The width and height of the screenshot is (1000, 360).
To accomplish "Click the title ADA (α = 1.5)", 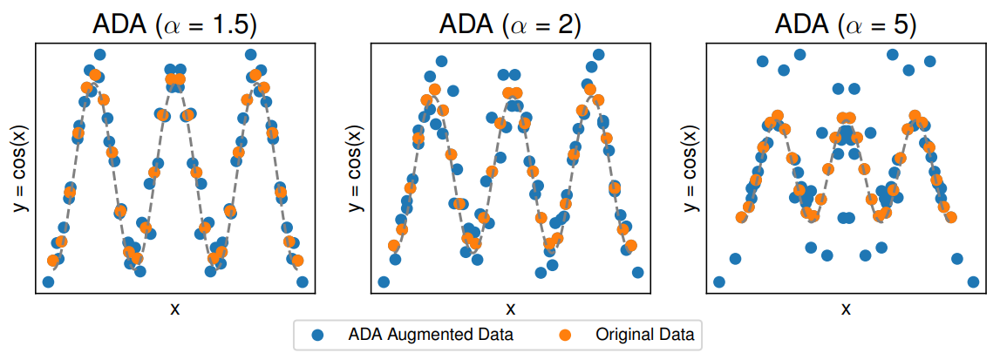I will click(x=174, y=24).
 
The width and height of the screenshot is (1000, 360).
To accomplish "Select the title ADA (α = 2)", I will click(x=510, y=24).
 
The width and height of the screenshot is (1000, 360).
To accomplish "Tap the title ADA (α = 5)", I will click(x=846, y=24).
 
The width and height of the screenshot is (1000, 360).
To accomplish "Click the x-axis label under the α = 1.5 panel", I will click(x=174, y=308).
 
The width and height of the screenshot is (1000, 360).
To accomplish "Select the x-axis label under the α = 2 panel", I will click(x=510, y=308).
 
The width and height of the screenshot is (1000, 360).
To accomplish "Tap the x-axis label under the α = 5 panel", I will click(x=846, y=308).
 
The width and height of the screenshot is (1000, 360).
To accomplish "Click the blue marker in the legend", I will click(x=318, y=334).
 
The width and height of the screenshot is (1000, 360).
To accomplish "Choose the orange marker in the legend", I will click(x=565, y=334).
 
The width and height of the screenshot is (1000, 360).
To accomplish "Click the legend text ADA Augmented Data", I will click(x=430, y=334).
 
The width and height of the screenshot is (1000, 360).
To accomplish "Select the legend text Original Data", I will click(x=645, y=334).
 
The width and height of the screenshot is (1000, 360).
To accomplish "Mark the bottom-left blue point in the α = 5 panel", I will click(x=719, y=282).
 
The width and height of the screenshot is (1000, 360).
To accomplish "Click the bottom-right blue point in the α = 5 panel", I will click(x=973, y=282).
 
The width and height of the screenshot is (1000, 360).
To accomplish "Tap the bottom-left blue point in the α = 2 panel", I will click(x=384, y=282).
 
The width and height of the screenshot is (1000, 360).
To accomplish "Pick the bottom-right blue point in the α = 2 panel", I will click(x=637, y=272).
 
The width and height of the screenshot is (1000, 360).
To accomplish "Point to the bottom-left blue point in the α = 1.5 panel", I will click(x=48, y=282).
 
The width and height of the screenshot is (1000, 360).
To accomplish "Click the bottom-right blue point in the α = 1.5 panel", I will click(x=302, y=282).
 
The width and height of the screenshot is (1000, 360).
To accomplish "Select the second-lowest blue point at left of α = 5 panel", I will click(x=735, y=259).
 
